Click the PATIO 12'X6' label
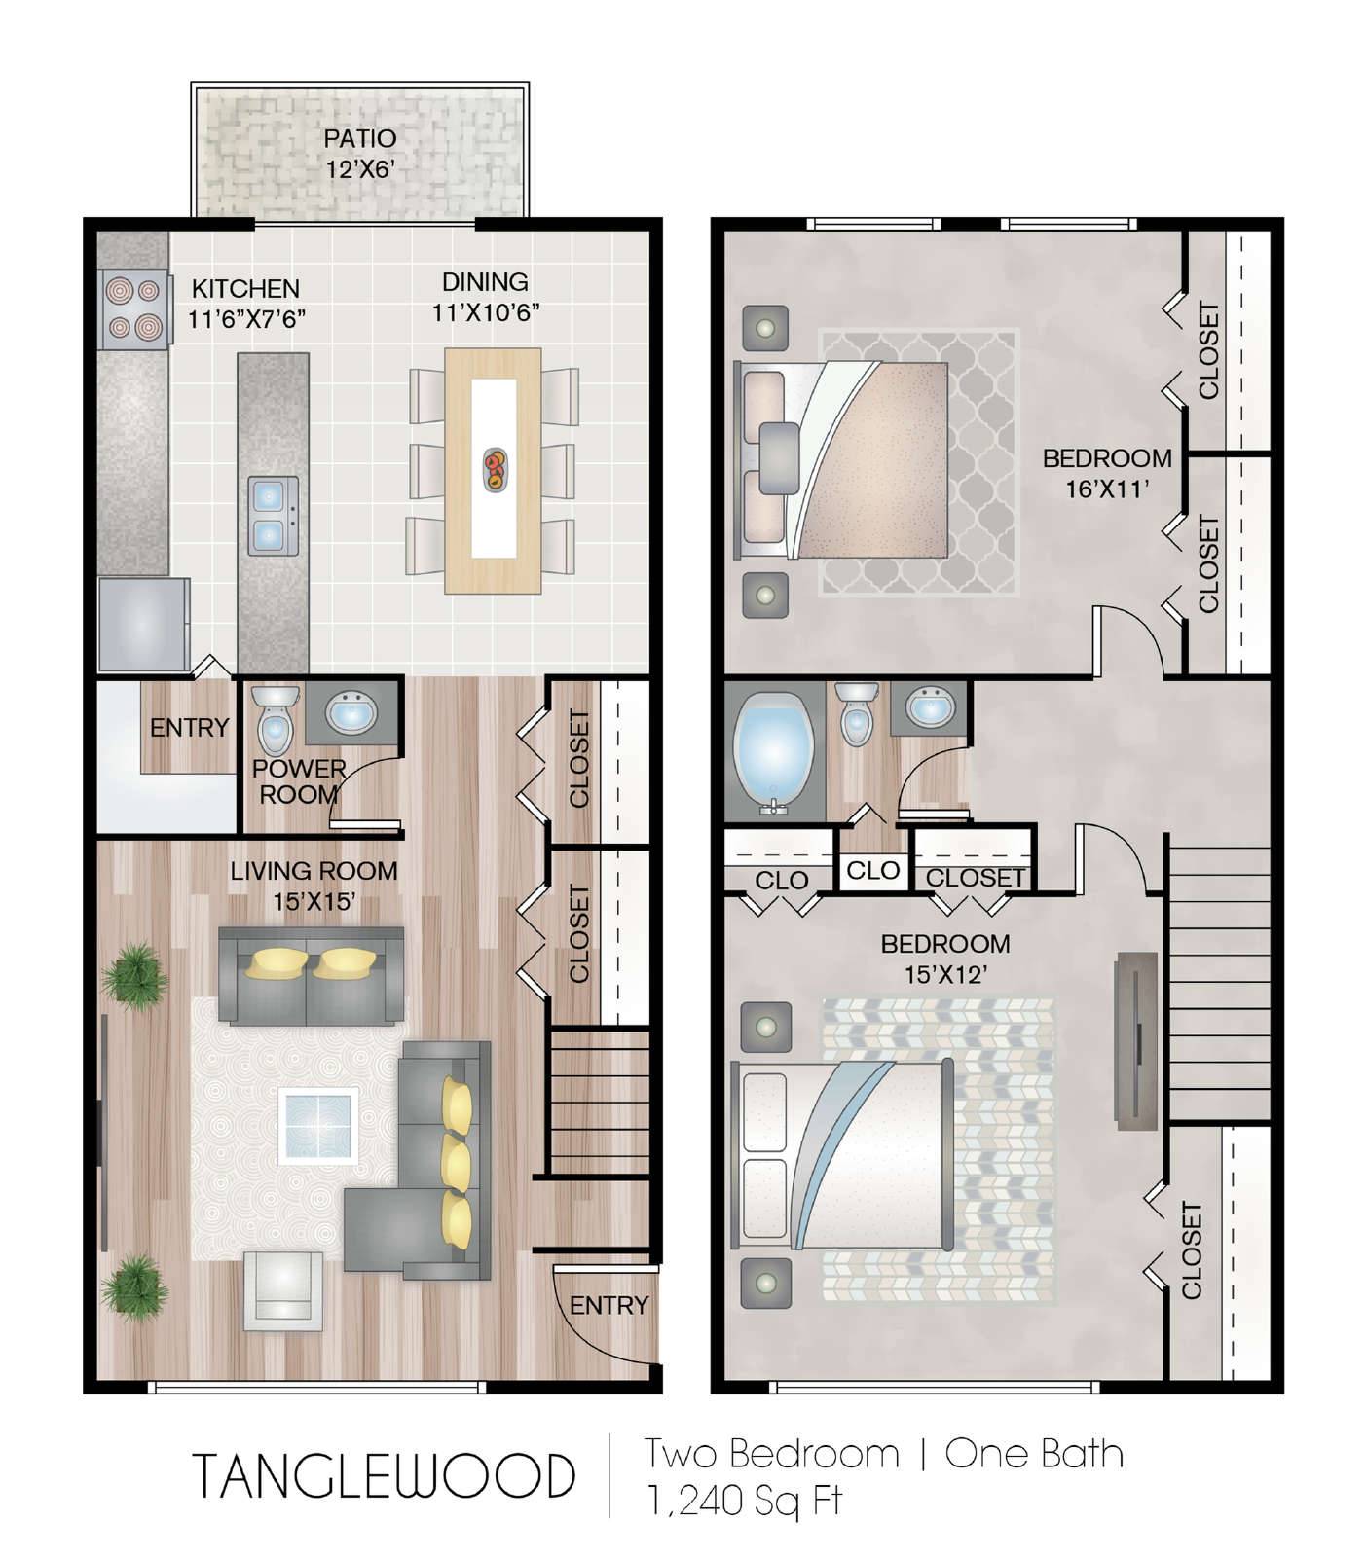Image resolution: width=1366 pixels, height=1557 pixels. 360,154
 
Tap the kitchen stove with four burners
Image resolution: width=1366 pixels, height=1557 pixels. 132,308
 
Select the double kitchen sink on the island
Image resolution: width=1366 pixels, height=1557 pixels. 273,516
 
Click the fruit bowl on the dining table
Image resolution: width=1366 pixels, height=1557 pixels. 495,469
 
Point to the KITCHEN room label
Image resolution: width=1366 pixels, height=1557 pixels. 245,288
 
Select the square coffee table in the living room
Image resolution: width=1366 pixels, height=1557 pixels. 318,1126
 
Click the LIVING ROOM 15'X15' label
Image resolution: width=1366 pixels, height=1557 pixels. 314,886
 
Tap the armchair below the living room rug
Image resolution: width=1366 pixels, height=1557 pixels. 283,1290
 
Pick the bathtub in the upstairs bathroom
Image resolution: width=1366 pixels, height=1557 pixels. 775,753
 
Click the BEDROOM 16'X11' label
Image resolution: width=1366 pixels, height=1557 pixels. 1107,473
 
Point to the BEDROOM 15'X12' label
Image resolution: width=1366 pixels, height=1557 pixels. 945,959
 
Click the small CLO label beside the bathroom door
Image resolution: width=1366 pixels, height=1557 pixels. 873,871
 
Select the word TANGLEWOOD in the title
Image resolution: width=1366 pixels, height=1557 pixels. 384,1476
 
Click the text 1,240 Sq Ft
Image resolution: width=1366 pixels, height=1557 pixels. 744,1500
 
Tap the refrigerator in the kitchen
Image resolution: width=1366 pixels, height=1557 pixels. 143,624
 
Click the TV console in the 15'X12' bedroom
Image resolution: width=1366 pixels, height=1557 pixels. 1135,1041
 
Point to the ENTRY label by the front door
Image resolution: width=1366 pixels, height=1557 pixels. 609,1305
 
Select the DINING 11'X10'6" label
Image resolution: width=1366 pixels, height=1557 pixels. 486,297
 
